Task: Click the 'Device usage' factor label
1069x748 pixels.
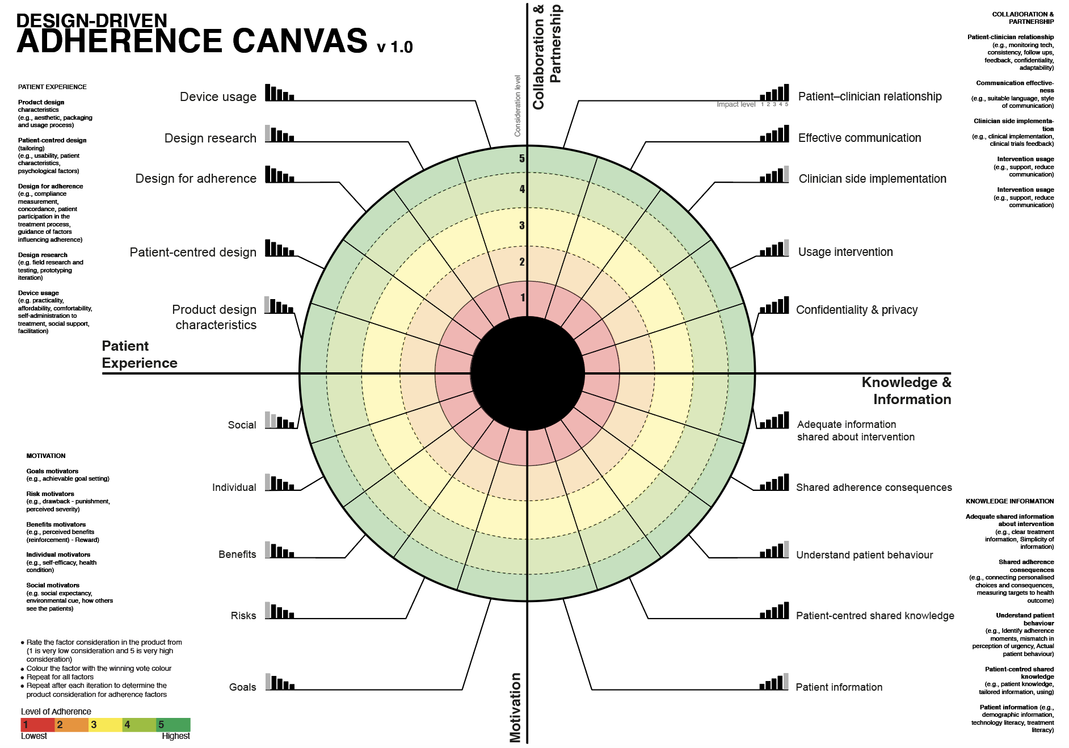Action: pyautogui.click(x=218, y=97)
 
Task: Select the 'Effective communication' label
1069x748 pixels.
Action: pyautogui.click(x=859, y=138)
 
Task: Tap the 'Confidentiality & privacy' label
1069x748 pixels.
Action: pyautogui.click(x=856, y=310)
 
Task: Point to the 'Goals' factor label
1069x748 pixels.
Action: pyautogui.click(x=242, y=687)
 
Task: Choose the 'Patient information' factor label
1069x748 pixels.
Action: pyautogui.click(x=839, y=687)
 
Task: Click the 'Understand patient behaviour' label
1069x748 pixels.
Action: pyautogui.click(x=864, y=555)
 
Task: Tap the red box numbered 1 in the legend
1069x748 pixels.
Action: pyautogui.click(x=37, y=725)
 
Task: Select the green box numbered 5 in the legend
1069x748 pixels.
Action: pyautogui.click(x=173, y=725)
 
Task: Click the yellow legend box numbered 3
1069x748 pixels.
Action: pyautogui.click(x=105, y=725)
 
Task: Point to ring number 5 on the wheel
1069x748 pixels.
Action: pyautogui.click(x=522, y=159)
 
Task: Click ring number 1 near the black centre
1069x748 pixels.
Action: pyautogui.click(x=523, y=298)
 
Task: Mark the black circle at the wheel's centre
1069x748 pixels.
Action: pyautogui.click(x=527, y=373)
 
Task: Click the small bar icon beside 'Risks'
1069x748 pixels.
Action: pyautogui.click(x=279, y=611)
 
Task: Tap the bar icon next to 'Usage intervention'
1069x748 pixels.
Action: pyautogui.click(x=775, y=249)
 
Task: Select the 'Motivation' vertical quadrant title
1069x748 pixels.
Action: pyautogui.click(x=515, y=707)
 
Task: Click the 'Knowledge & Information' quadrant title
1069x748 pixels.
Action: pyautogui.click(x=906, y=391)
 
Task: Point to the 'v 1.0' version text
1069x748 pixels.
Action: pyautogui.click(x=395, y=47)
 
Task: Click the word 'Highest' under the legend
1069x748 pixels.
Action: pyautogui.click(x=175, y=736)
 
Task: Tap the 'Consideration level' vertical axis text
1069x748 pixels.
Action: pyautogui.click(x=517, y=106)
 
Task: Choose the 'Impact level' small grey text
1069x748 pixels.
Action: pyautogui.click(x=736, y=104)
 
